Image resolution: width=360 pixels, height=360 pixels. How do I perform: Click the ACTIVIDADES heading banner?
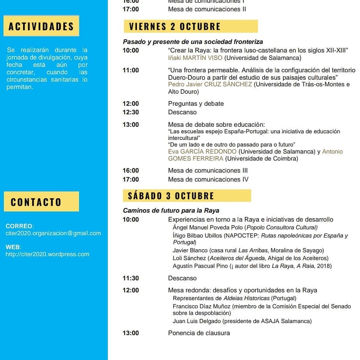click(41, 26)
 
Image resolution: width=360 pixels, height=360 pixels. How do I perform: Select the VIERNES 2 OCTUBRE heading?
click(175, 26)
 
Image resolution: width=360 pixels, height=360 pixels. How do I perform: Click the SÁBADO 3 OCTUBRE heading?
click(171, 196)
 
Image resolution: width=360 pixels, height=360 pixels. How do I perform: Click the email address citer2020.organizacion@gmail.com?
click(53, 233)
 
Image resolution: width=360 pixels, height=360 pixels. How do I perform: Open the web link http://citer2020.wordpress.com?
click(47, 254)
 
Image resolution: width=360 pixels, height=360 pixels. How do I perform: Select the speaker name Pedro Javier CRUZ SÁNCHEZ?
click(210, 84)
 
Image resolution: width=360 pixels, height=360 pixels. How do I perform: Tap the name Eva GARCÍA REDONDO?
click(202, 151)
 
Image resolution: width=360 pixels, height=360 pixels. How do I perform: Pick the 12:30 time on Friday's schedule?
click(130, 112)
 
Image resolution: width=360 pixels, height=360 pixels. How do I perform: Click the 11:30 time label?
click(130, 278)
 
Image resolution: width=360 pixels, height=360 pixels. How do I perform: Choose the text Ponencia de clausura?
click(199, 333)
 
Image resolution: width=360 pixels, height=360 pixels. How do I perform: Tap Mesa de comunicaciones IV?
click(208, 179)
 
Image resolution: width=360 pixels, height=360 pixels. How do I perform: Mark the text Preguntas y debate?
click(196, 104)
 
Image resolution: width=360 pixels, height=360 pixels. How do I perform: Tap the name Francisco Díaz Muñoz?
click(202, 306)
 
